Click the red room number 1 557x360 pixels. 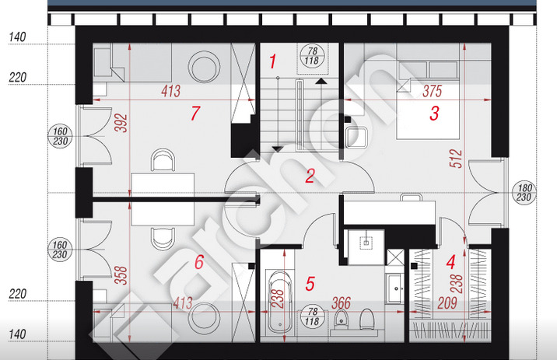pyautogui.click(x=272, y=61)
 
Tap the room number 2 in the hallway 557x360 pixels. pyautogui.click(x=310, y=176)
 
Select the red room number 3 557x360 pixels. pyautogui.click(x=434, y=114)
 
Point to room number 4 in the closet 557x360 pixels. pyautogui.click(x=450, y=262)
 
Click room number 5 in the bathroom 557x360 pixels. pyautogui.click(x=310, y=284)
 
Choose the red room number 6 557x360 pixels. pyautogui.click(x=199, y=262)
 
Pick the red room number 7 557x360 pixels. pyautogui.click(x=195, y=114)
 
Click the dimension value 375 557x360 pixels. pyautogui.click(x=433, y=91)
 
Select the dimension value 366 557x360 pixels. pyautogui.click(x=341, y=303)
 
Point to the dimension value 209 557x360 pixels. pyautogui.click(x=447, y=303)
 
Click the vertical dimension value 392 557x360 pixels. pyautogui.click(x=121, y=123)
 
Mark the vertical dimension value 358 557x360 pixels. pyautogui.click(x=121, y=275)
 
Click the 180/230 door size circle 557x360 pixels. pyautogui.click(x=524, y=192)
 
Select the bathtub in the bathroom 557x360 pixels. pyautogui.click(x=280, y=302)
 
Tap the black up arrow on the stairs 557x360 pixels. pyautogui.click(x=321, y=82)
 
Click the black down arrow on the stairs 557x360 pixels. pyautogui.click(x=278, y=149)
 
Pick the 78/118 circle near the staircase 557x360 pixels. pyautogui.click(x=312, y=56)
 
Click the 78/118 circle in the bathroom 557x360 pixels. pyautogui.click(x=312, y=316)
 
